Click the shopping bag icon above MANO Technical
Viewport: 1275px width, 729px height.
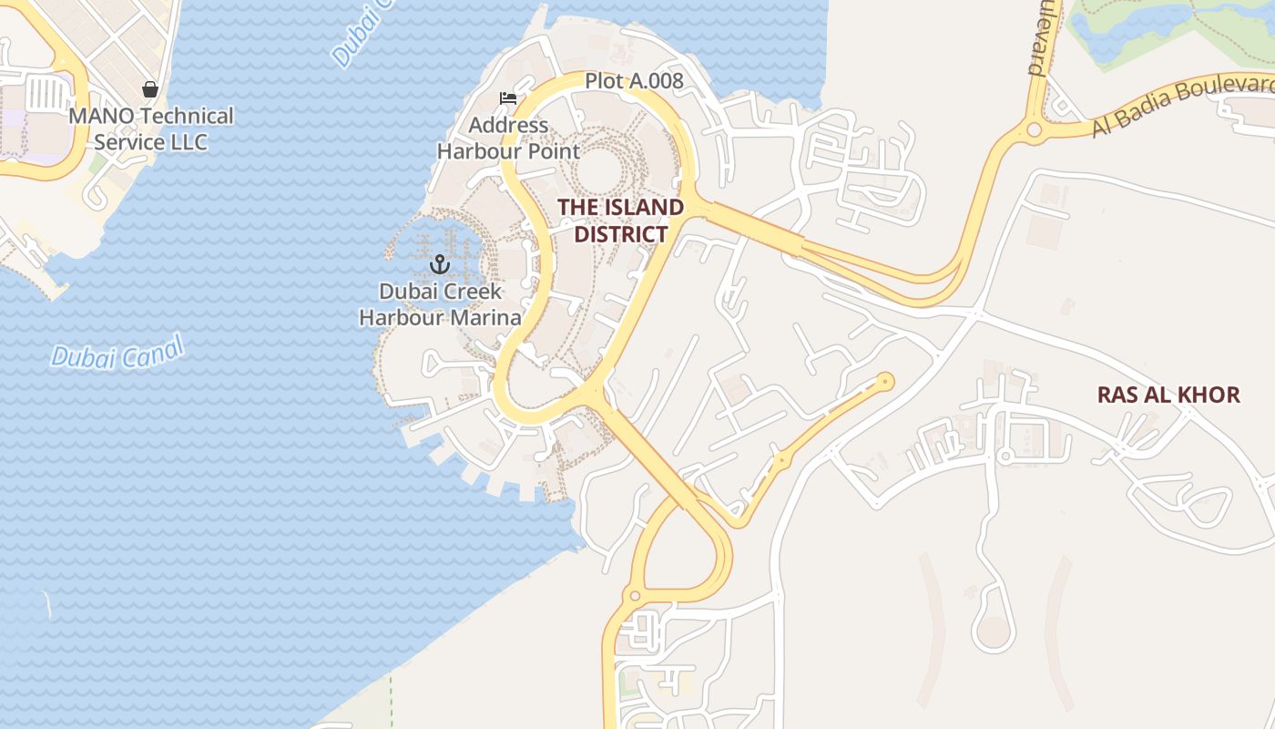150,89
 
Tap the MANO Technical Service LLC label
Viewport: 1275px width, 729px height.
151,128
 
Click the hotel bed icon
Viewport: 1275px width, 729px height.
508,98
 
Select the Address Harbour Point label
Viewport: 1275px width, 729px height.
508,138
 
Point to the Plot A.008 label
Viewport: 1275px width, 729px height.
634,81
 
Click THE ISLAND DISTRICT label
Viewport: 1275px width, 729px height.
620,220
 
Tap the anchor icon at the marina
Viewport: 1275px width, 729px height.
441,264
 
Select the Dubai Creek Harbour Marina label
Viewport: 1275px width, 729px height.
441,304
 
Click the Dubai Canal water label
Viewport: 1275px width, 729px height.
117,352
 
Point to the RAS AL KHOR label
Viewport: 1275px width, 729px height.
1168,395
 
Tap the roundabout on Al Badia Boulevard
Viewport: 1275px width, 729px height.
1034,130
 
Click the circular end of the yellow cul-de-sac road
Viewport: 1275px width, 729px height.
884,381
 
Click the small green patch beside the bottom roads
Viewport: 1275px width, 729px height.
626,683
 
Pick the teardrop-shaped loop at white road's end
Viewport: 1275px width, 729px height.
994,630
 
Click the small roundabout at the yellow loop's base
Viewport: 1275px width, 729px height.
635,597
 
